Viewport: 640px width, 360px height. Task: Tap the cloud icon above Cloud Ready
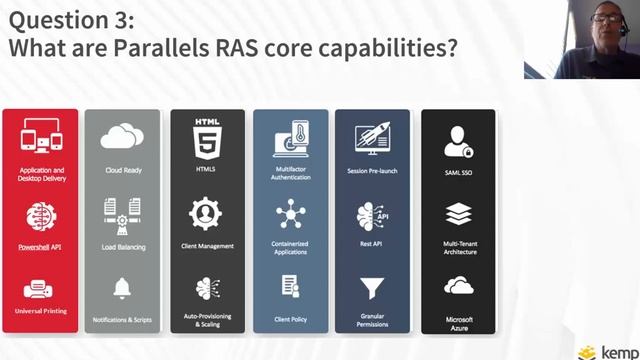point(123,137)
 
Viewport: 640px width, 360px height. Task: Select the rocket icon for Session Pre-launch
point(372,138)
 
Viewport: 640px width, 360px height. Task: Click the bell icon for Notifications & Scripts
point(123,288)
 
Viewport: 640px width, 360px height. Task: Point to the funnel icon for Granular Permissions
point(372,289)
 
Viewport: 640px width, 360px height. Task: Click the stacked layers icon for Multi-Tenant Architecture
point(458,214)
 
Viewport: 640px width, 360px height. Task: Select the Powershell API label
point(41,245)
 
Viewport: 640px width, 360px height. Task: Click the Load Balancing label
point(123,245)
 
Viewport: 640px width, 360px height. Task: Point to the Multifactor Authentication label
point(291,174)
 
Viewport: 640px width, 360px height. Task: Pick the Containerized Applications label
point(291,248)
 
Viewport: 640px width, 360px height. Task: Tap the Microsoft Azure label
point(458,323)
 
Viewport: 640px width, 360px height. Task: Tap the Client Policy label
point(291,319)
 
